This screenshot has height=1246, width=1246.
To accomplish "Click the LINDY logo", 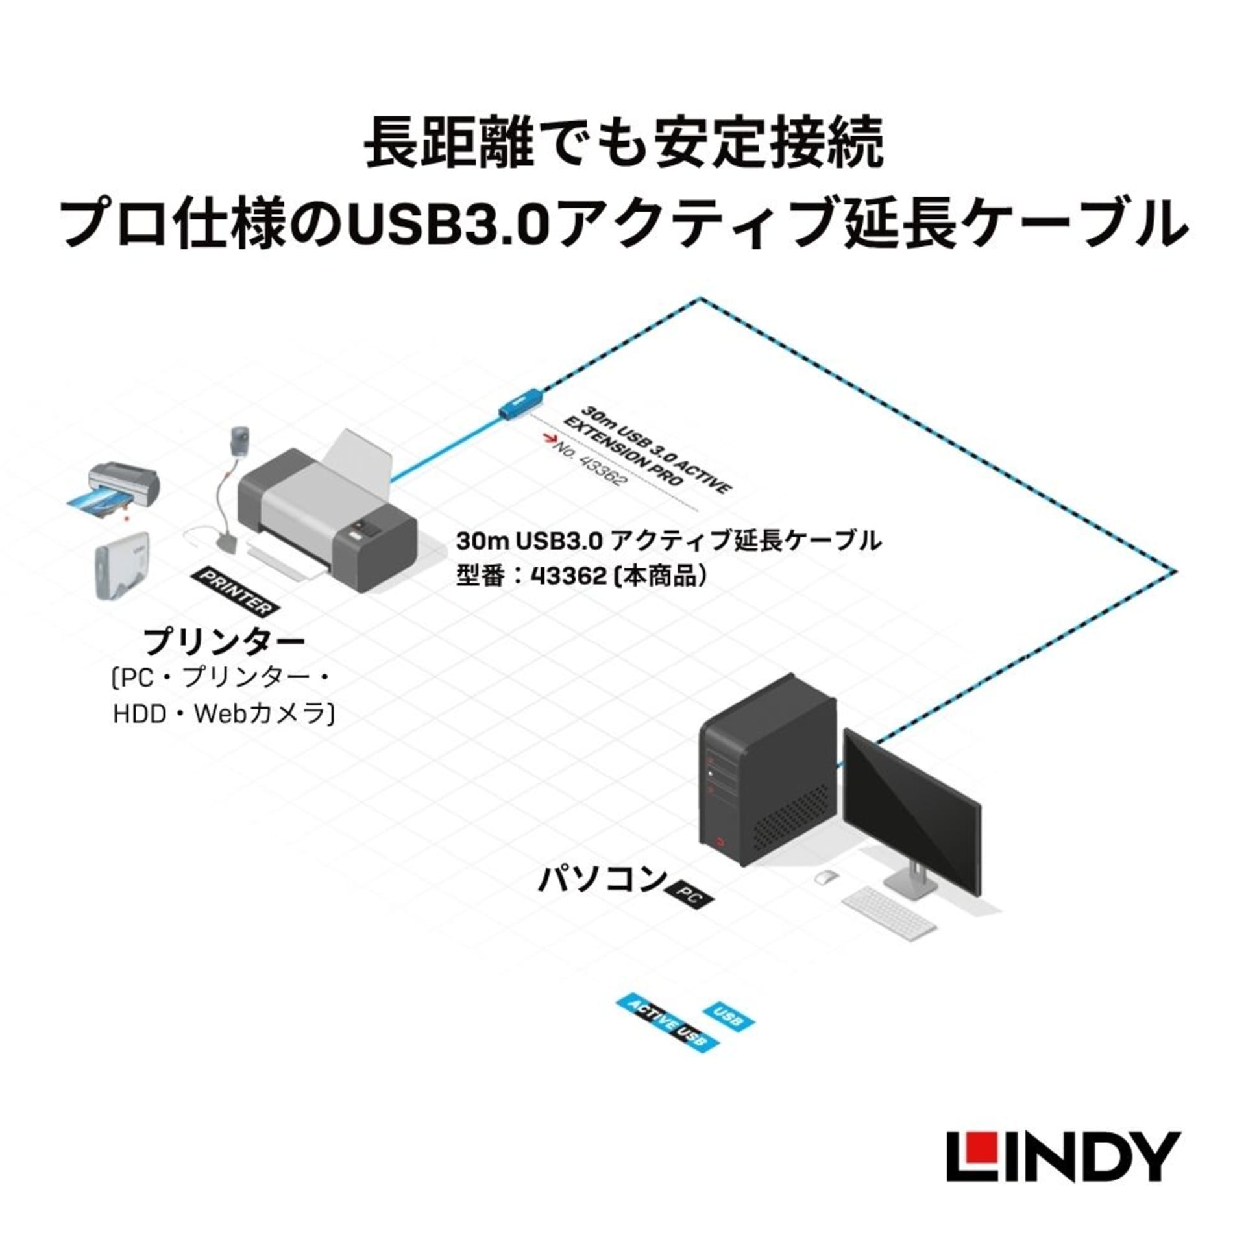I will point(1062,1156).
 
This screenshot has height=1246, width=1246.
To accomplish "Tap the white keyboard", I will point(889,910).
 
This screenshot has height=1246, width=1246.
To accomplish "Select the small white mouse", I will point(825,877).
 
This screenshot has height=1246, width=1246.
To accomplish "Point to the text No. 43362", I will point(589,464).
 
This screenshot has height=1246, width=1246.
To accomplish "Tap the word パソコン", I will point(602,880).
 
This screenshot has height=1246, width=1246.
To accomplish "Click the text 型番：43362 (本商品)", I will point(581,576).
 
